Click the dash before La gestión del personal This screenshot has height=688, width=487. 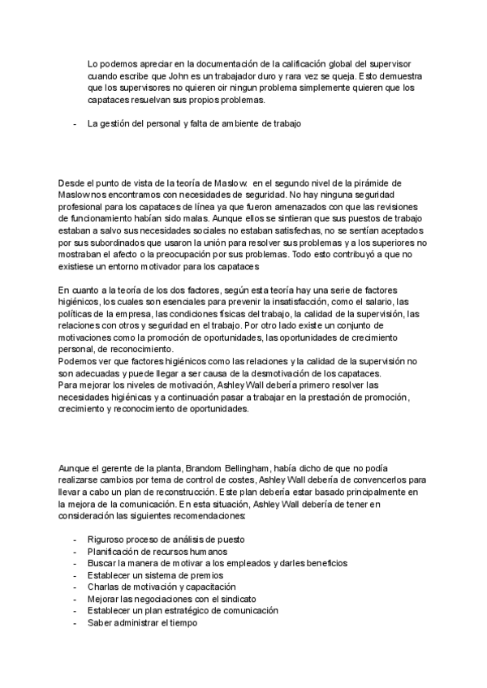tap(75, 123)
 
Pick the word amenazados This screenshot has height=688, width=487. tap(321, 206)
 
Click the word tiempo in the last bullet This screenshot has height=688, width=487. tap(180, 622)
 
